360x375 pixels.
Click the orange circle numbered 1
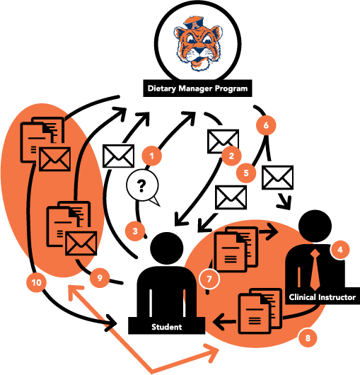coord(151,156)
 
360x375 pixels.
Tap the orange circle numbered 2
coord(231,156)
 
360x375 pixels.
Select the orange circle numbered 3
coord(135,231)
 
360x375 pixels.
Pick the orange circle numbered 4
coord(339,250)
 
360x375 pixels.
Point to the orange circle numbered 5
coord(246,173)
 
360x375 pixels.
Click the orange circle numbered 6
coord(266,125)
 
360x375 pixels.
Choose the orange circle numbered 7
coord(209,279)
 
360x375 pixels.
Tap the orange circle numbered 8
coord(308,337)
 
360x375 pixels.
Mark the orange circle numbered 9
coord(100,277)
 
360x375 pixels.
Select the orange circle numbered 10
coord(36,282)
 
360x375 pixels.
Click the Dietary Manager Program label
coord(197,88)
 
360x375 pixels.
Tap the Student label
coord(167,326)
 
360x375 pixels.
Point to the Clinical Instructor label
coord(323,297)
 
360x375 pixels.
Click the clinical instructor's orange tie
coord(315,270)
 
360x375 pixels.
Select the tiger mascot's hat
coord(194,23)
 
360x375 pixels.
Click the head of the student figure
coord(167,249)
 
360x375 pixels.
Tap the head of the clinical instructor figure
coord(315,226)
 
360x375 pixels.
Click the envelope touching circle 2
coord(223,142)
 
